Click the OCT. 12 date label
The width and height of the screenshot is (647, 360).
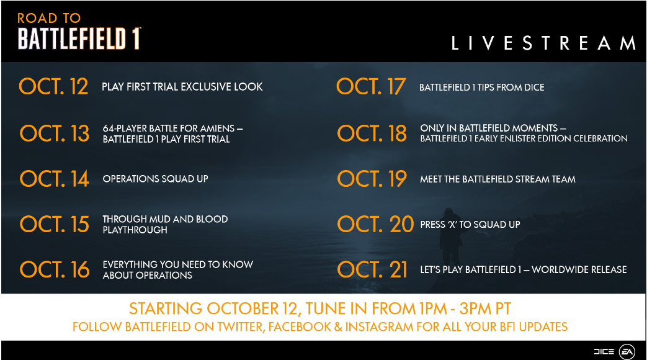[x=53, y=87]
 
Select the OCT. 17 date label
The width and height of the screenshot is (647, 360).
[x=372, y=87]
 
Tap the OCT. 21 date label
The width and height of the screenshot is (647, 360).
[x=372, y=269]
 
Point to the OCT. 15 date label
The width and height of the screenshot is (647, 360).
[x=55, y=224]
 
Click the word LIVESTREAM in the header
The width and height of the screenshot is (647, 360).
[x=543, y=43]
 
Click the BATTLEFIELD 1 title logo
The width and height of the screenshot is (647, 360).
[x=79, y=39]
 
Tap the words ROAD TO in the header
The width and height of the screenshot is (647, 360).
[x=48, y=18]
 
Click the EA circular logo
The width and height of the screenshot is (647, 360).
[x=627, y=351]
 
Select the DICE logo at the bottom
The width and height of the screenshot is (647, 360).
[x=604, y=351]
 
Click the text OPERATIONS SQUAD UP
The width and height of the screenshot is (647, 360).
[x=155, y=179]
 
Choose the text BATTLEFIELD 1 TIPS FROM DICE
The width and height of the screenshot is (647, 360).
[x=481, y=87]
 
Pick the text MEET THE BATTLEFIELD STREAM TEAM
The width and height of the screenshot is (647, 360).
[x=498, y=179]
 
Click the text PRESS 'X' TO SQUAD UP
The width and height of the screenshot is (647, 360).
[x=470, y=225]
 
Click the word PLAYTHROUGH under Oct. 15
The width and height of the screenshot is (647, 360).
[x=135, y=230]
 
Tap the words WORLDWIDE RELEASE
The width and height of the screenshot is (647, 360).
[x=579, y=269]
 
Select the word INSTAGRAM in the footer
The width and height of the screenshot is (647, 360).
[x=380, y=327]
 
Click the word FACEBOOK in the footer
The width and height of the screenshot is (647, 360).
[x=300, y=327]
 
